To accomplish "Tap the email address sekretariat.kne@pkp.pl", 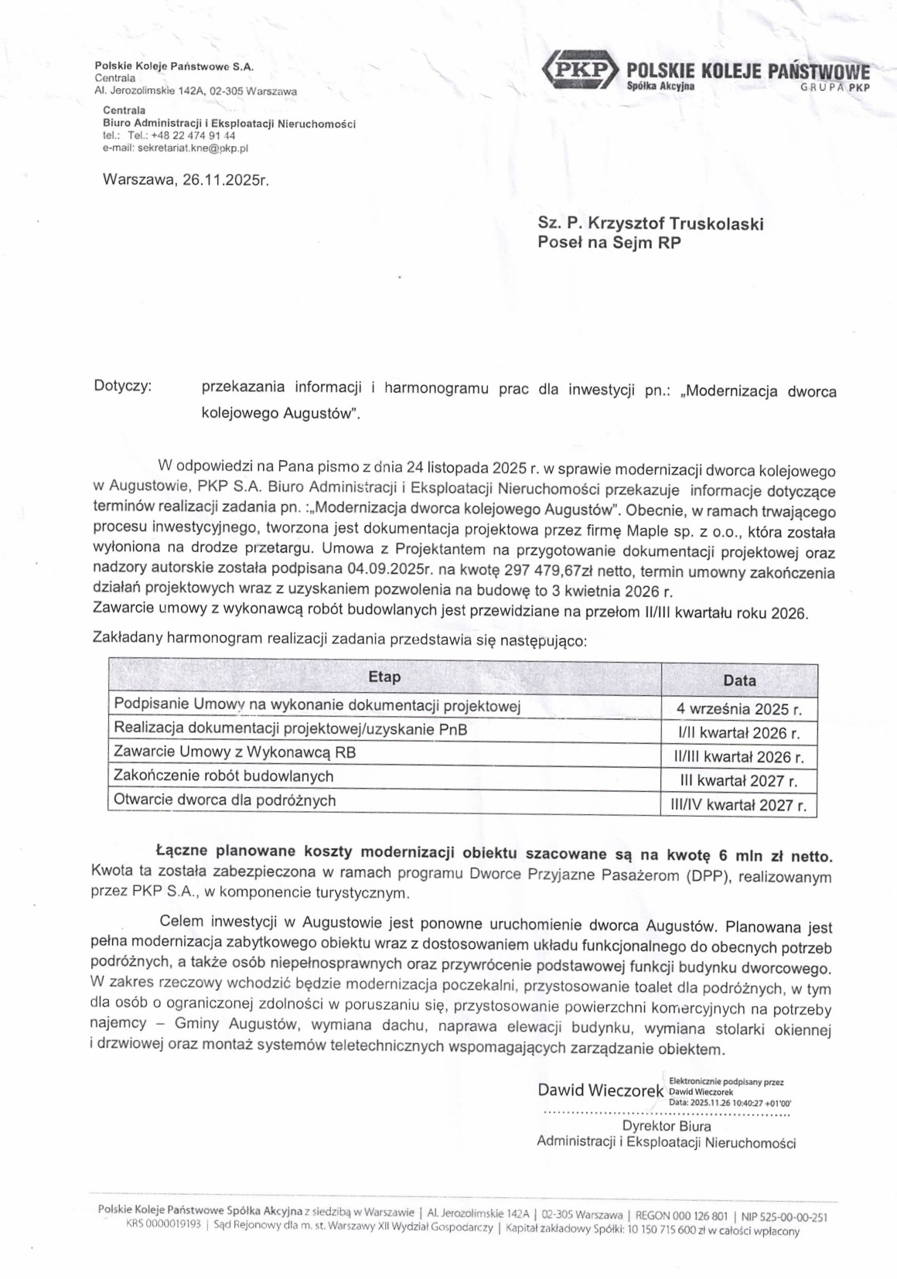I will click(193, 148).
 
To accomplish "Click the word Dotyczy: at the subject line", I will click(122, 386).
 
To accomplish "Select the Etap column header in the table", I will click(384, 677).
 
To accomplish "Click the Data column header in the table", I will click(739, 680).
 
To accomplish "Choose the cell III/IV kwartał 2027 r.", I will click(739, 805).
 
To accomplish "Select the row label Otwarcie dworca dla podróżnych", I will click(225, 800).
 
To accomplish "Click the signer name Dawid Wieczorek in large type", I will click(601, 1090).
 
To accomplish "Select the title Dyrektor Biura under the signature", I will click(667, 1126).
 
